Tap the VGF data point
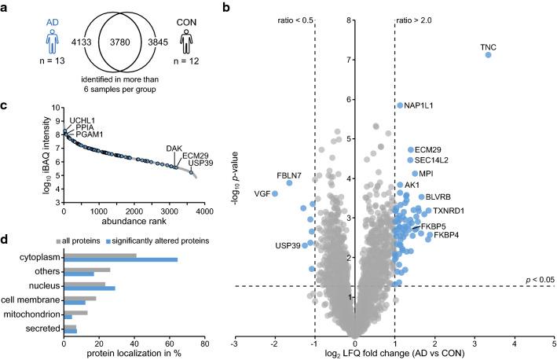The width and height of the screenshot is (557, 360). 275,193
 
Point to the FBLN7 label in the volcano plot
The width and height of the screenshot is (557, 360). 265,174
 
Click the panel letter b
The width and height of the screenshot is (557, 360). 227,8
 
